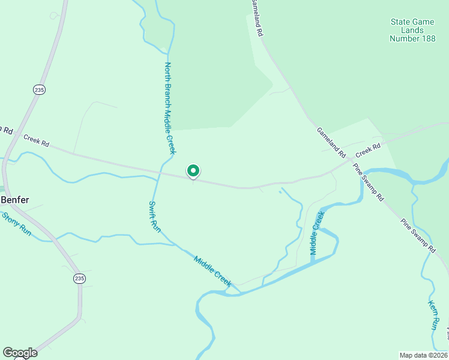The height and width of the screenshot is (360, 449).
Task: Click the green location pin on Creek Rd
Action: coord(193,172)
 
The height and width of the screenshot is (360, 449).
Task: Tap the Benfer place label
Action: coord(15,200)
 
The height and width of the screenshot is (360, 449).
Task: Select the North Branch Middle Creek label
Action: coord(169,108)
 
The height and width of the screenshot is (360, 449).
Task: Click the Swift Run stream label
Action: coord(155,217)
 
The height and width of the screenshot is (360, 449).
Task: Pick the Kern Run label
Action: coord(433,316)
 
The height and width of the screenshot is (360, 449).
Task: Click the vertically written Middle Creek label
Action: coord(316,233)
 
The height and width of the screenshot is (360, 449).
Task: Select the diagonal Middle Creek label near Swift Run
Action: coord(212,271)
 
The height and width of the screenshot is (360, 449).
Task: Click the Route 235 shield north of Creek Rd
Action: coord(40,89)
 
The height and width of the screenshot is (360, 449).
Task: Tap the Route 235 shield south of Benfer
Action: coord(79,278)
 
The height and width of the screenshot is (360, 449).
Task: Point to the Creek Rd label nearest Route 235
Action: coord(36,141)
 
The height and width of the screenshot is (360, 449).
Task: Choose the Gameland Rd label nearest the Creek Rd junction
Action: coord(331,142)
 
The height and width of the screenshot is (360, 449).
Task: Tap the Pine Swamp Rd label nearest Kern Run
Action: coord(418,234)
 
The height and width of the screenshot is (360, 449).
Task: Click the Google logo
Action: coord(20,353)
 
